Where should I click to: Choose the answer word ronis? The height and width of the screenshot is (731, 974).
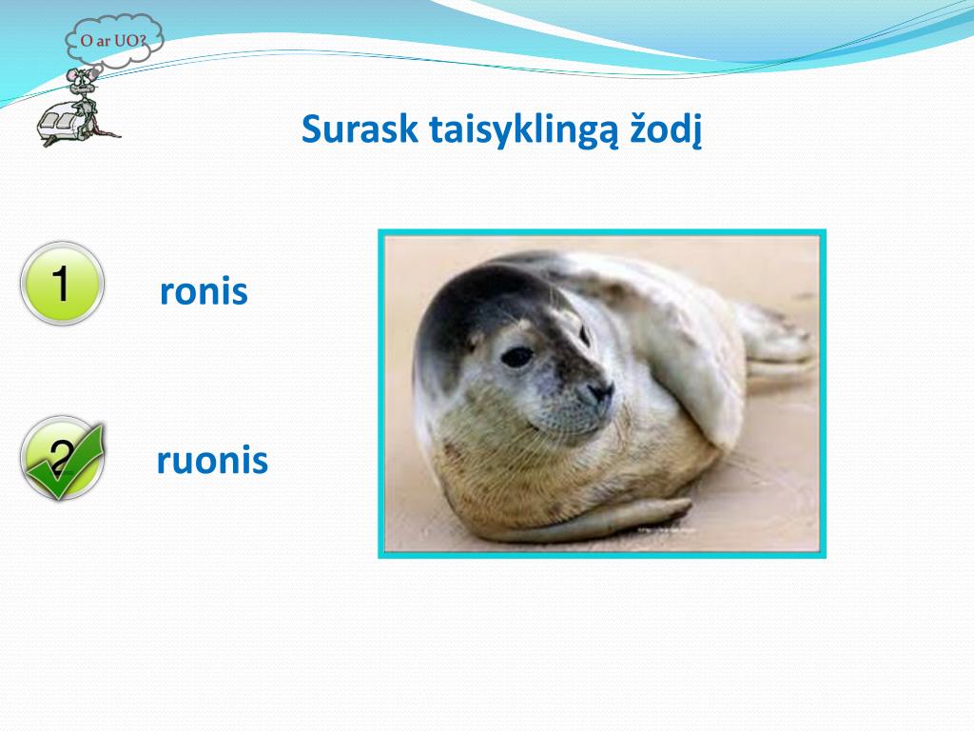pos(204,292)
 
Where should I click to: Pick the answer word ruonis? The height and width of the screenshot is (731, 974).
pos(212,462)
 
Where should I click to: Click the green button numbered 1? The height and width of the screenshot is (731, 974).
pos(61,284)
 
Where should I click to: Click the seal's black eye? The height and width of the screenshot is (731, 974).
pos(516,356)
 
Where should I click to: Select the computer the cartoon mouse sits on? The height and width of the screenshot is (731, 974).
pos(63,124)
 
